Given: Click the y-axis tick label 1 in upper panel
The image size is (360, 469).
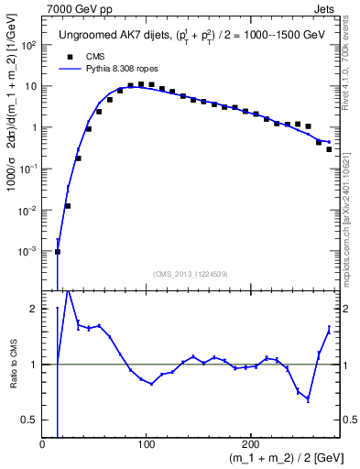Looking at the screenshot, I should coord(34,127).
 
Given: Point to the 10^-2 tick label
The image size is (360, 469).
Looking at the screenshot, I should coord(29,210).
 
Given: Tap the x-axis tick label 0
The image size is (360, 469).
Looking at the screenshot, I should coord(43,444).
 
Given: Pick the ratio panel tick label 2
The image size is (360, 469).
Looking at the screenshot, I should coord(34,309).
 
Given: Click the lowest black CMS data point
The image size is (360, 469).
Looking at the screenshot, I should coord(58,251).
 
